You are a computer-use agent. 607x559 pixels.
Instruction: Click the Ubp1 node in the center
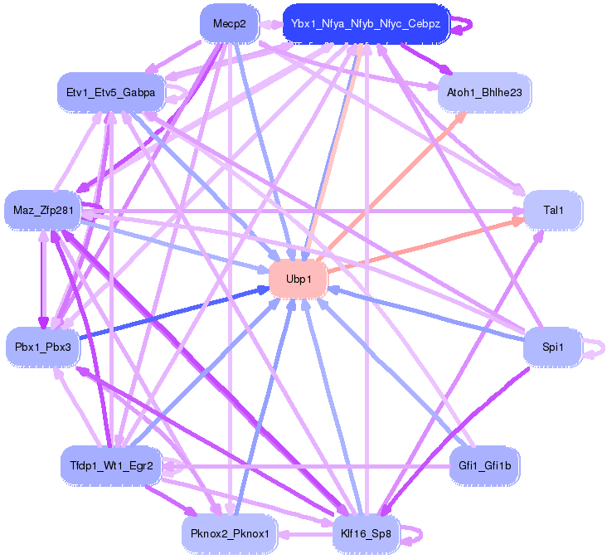click(299, 279)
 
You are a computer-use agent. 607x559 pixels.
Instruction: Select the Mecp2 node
click(229, 24)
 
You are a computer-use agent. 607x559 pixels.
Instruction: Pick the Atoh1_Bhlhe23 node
click(484, 93)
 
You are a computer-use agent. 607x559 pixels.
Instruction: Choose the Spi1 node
click(553, 347)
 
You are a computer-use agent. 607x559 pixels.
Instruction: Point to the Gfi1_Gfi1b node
click(484, 466)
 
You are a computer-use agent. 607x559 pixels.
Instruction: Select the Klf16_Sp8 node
click(366, 532)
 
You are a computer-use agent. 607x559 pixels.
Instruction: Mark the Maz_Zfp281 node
click(43, 211)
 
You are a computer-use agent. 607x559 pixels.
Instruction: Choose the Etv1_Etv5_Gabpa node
click(111, 93)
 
